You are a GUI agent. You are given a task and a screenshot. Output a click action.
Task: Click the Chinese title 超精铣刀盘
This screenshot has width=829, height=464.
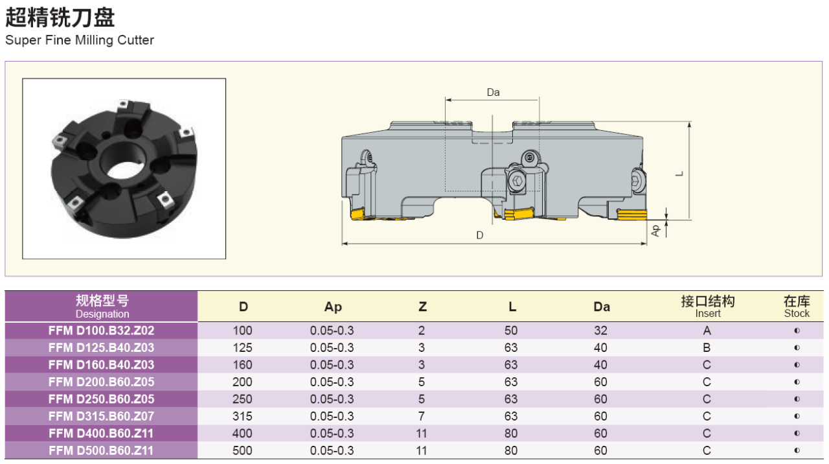pos(60,17)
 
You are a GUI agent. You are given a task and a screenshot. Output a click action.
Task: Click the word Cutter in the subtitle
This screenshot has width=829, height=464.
pos(135,40)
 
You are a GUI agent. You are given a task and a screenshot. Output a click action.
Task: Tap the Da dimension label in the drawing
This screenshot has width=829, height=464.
pos(493,92)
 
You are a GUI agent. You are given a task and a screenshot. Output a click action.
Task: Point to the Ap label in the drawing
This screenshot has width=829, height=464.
pos(655,231)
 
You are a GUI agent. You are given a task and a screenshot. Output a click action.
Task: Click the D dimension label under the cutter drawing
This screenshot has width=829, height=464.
pos(480,235)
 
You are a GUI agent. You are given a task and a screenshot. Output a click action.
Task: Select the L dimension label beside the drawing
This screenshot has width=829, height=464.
pos(679,174)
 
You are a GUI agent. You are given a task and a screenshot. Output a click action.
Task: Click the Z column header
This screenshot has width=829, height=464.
pos(422,307)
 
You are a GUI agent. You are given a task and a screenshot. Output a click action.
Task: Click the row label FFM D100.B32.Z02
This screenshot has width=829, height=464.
pos(101,331)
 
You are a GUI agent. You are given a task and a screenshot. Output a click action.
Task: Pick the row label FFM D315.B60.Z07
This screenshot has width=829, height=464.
pos(101,416)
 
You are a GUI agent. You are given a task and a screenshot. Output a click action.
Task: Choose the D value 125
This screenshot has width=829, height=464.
pos(242,348)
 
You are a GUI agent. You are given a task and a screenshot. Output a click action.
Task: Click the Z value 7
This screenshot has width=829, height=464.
pos(422,416)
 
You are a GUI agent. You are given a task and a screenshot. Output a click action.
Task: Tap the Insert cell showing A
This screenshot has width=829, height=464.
pos(707,331)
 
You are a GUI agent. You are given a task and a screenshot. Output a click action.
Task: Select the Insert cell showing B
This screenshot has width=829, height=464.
pos(707,348)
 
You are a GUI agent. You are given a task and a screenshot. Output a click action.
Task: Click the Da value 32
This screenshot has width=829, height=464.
pos(600,331)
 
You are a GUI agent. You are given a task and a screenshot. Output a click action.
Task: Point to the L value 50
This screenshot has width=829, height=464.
pos(511,331)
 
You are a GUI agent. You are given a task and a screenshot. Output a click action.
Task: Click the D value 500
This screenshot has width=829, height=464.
pos(242,450)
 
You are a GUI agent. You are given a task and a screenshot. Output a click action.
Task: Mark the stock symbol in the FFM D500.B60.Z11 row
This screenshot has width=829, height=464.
pos(797,450)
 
